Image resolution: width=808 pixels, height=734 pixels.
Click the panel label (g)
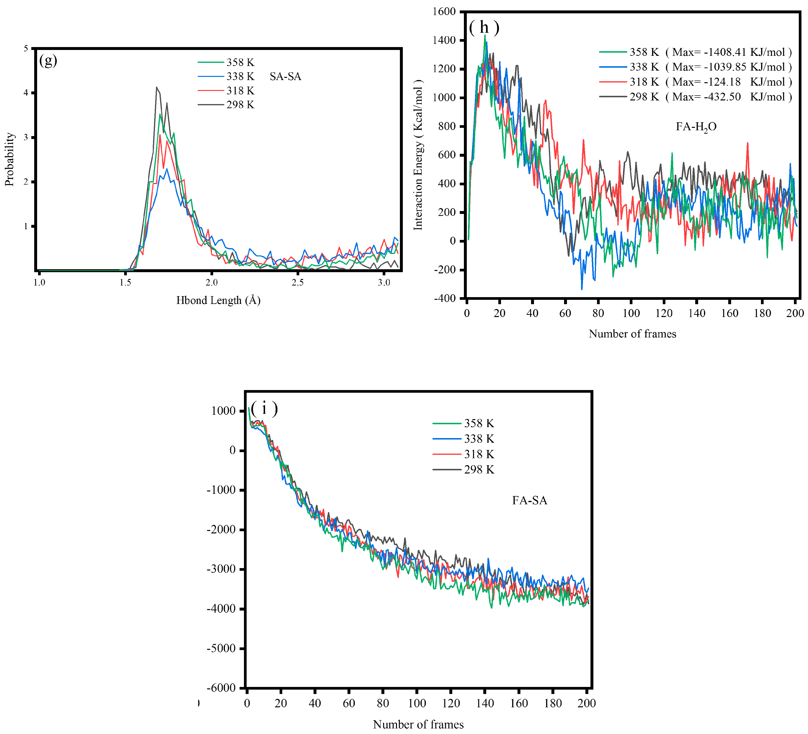tap(48, 61)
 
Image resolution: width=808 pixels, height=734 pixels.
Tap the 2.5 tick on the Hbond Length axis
tap(297, 282)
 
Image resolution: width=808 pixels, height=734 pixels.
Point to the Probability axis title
tap(10, 159)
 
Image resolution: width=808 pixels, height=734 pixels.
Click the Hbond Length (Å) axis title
tap(218, 300)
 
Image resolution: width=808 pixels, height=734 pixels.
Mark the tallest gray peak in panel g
tap(157, 87)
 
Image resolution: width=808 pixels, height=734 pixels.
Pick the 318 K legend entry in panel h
tap(644, 82)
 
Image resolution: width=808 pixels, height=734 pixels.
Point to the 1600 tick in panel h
tap(444, 12)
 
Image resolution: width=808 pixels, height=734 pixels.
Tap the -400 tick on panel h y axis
tap(445, 298)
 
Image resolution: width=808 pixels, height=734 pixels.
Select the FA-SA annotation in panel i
tap(529, 500)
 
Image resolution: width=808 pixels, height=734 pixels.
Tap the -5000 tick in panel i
tap(221, 648)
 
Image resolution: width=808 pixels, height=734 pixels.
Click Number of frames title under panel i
tap(418, 724)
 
